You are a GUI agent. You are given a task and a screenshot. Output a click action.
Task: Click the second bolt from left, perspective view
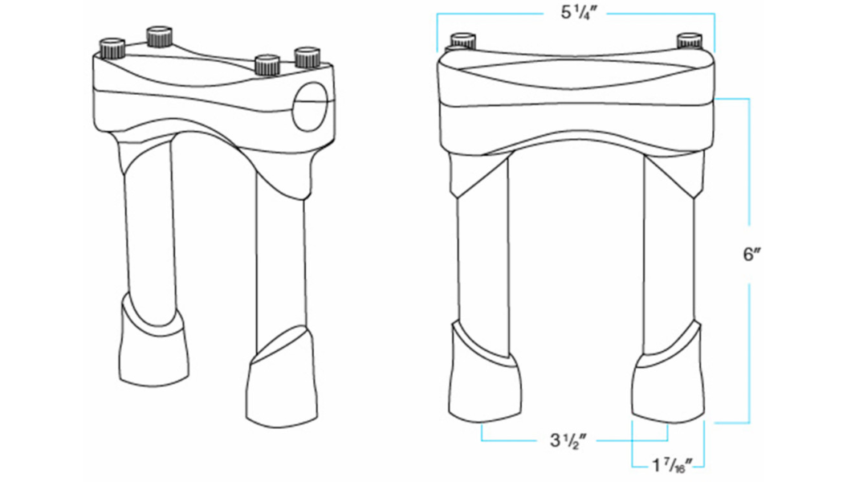pyautogui.click(x=159, y=35)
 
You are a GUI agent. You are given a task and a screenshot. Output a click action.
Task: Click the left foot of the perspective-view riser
pyautogui.click(x=154, y=345)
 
